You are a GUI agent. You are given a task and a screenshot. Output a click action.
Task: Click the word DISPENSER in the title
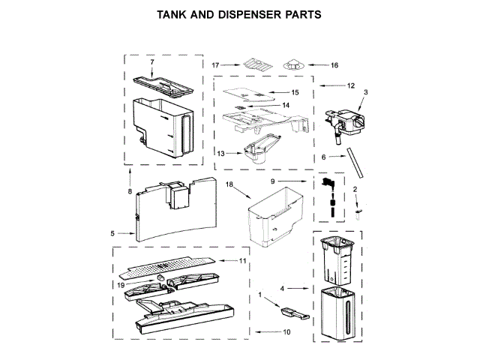(x=256, y=13)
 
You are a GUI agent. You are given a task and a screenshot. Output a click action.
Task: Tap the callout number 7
(x=151, y=61)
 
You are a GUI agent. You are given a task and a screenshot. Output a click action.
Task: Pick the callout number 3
(x=365, y=91)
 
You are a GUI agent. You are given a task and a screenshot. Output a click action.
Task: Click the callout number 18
(x=230, y=184)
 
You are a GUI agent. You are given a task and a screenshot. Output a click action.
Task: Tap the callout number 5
(x=112, y=233)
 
